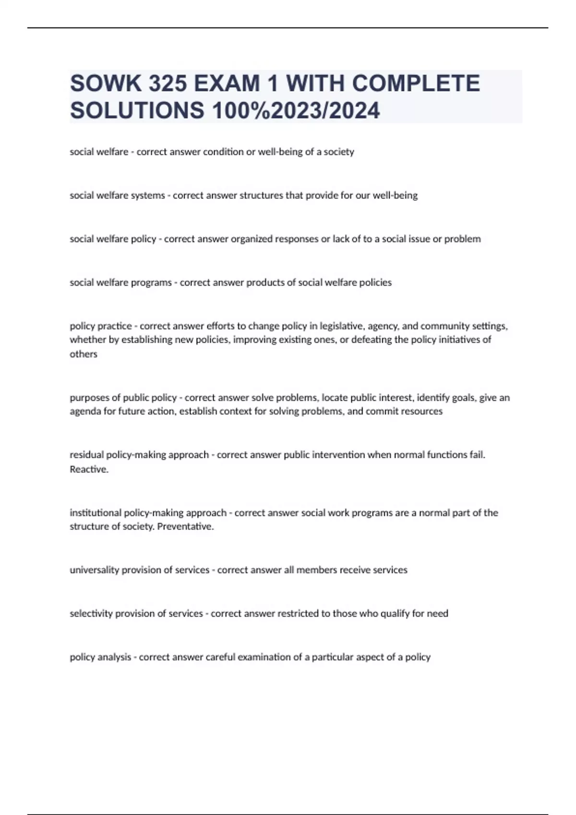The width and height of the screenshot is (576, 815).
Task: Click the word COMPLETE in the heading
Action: [x=416, y=84]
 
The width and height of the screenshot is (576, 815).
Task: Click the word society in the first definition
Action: [x=339, y=152]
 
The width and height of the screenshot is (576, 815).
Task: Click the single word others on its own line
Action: [x=84, y=354]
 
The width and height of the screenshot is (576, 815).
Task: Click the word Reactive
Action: [x=89, y=469]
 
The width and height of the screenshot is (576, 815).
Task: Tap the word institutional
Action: [x=96, y=513]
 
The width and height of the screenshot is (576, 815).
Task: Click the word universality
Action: [x=94, y=570]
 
